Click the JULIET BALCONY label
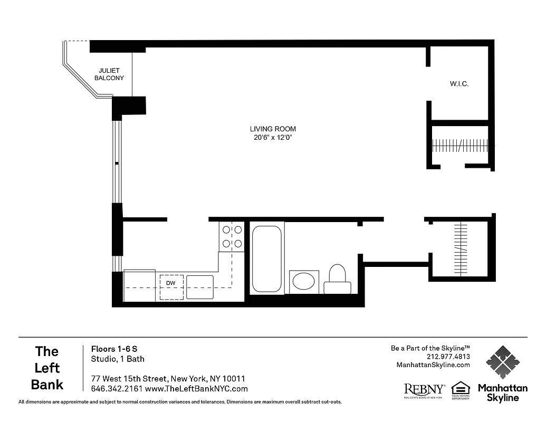(109, 74)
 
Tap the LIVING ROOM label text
(273, 129)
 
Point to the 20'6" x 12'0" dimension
(273, 138)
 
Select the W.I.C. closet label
(459, 84)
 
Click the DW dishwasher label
(171, 283)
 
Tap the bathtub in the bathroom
(266, 258)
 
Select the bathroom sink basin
(304, 281)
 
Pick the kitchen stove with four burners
(232, 236)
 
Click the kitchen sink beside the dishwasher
(200, 287)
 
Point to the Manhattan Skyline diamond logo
(502, 362)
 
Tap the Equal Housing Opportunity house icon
(461, 389)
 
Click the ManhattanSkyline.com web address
(433, 365)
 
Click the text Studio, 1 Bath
(118, 359)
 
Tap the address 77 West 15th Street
(129, 379)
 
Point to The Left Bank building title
(47, 368)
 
